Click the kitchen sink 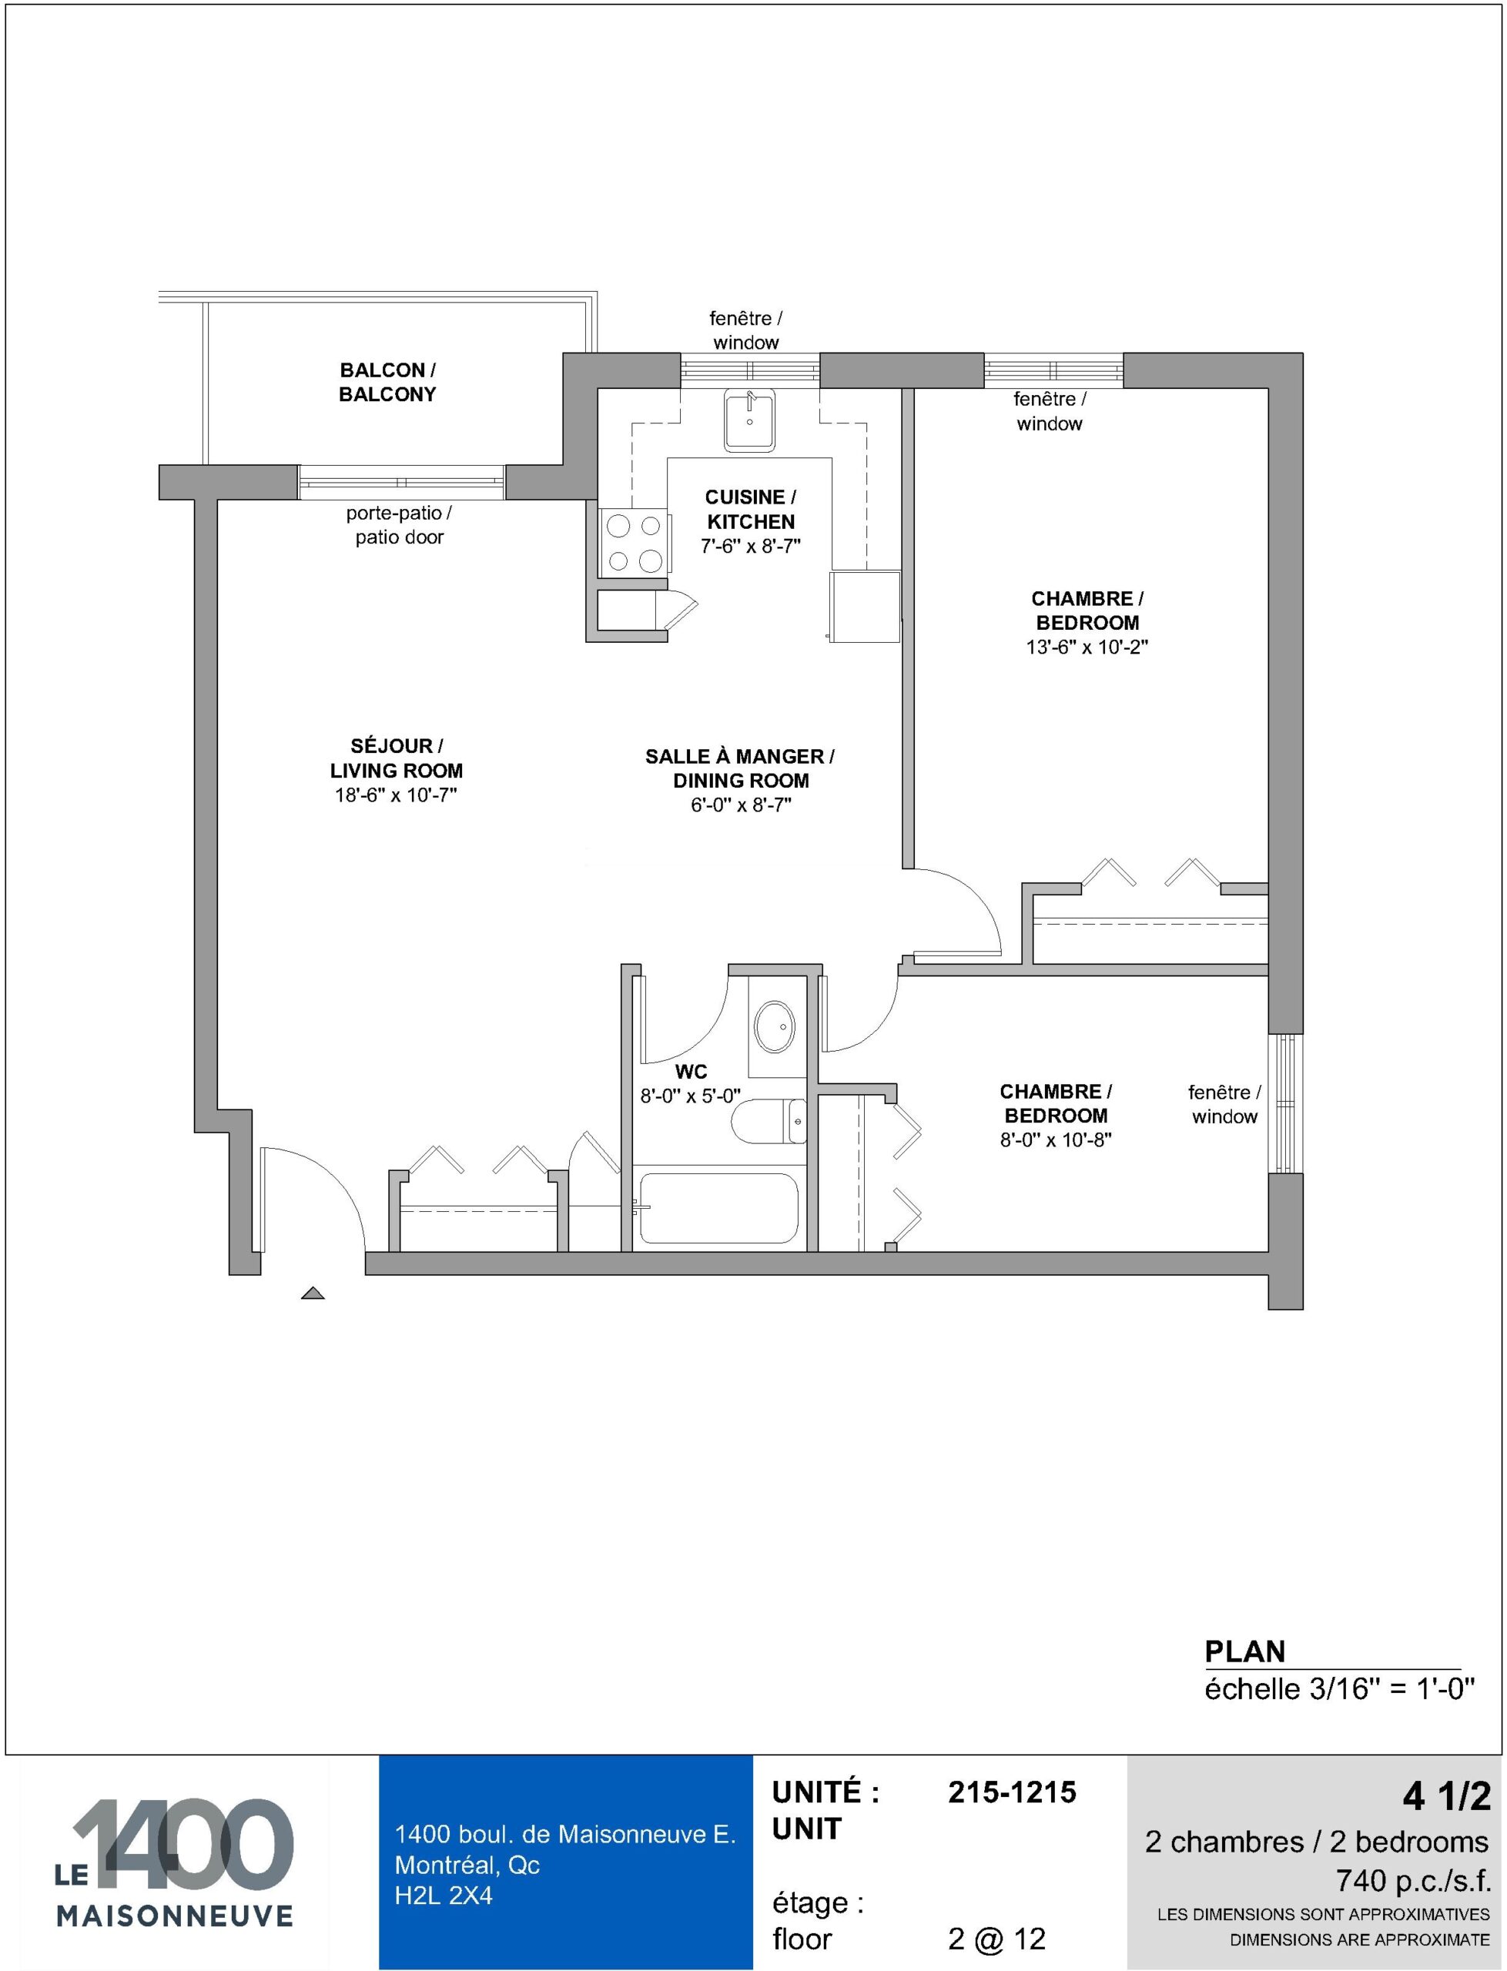coord(749,420)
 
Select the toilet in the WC coord(769,1122)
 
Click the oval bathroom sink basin coord(774,1027)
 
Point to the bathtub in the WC coord(718,1208)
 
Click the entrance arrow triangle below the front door coord(312,1293)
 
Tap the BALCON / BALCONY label coord(387,382)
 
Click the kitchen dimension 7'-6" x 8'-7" coord(751,545)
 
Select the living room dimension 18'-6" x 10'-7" coord(396,795)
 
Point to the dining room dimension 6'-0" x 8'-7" coord(741,805)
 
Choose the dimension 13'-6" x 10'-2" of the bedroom coord(1087,647)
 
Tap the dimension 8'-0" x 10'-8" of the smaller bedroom coord(1056,1139)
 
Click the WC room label coord(691,1072)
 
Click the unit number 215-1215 coord(1012,1792)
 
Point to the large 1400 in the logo coord(183,1845)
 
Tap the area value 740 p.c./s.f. coord(1413,1879)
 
